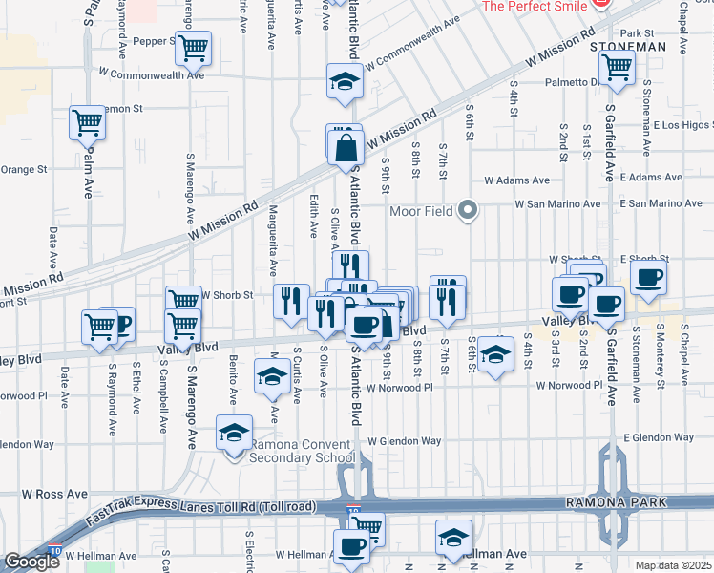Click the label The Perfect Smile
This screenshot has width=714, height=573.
pos(535,6)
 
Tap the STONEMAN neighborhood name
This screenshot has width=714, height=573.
pos(626,46)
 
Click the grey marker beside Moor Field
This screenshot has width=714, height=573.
pos(467,209)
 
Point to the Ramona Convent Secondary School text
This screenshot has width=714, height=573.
pos(302,451)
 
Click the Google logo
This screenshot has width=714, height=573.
pos(31,562)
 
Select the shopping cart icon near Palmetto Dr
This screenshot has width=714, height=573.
pos(617,67)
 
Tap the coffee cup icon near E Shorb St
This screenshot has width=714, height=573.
pos(649,278)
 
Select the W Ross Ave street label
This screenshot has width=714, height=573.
pos(54,495)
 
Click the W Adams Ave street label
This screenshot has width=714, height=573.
pos(516,180)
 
